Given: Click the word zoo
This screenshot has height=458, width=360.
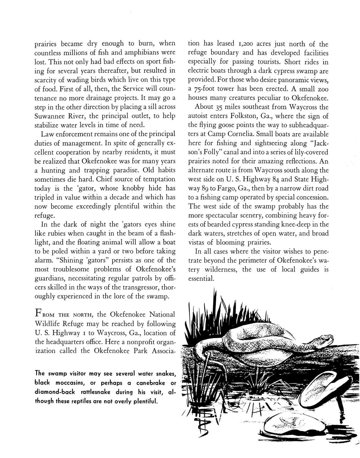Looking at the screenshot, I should [323, 89].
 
